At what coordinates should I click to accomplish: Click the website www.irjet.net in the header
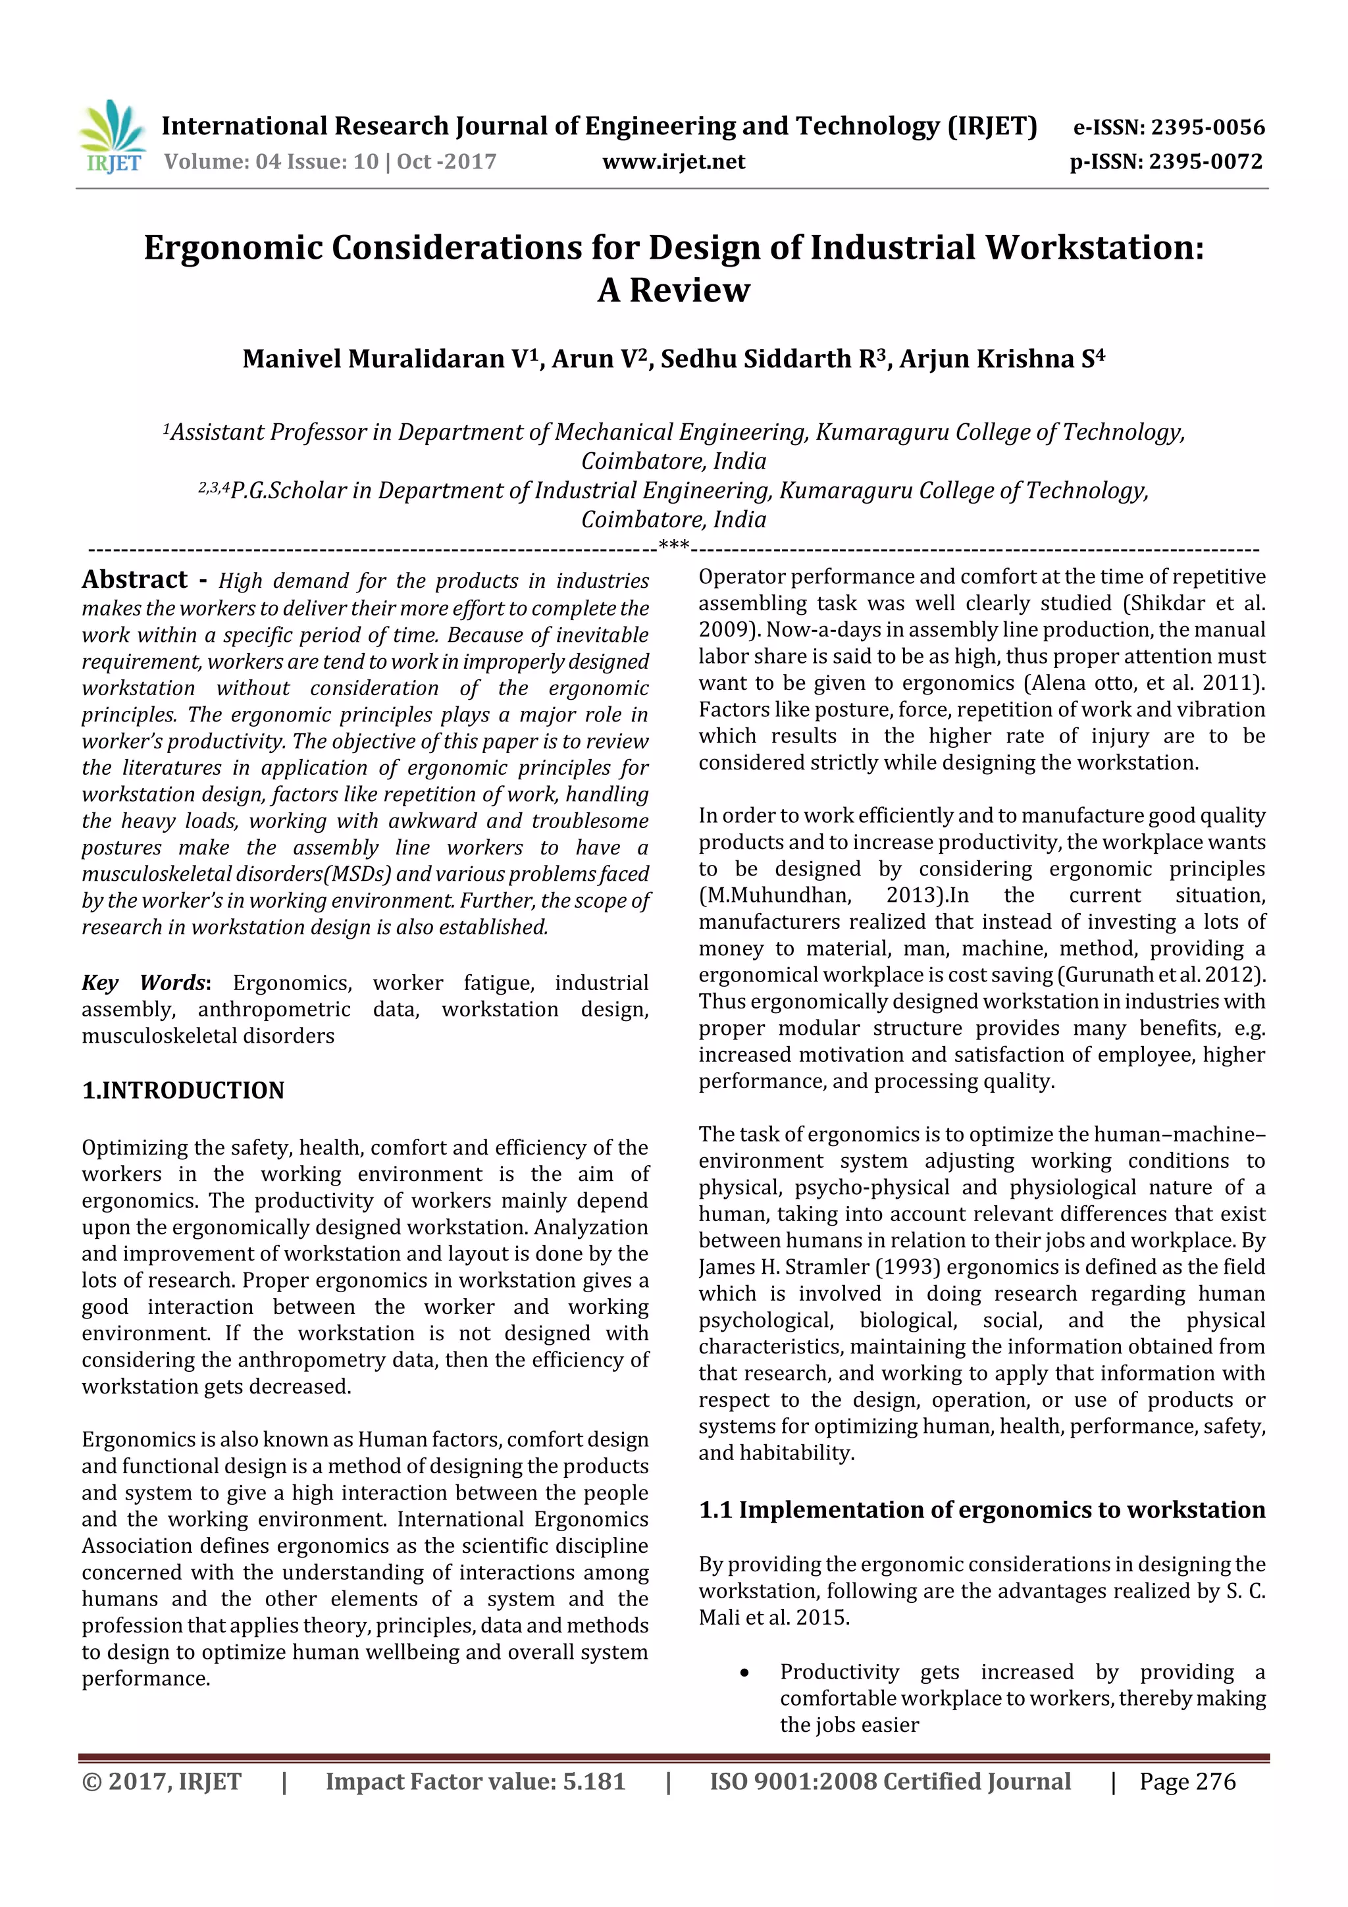673,162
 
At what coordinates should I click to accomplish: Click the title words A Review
673,290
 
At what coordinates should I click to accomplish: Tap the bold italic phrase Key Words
143,983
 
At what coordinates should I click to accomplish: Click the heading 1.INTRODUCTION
183,1091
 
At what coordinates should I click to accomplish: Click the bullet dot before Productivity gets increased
745,1673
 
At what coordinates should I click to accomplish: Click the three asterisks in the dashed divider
673,546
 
